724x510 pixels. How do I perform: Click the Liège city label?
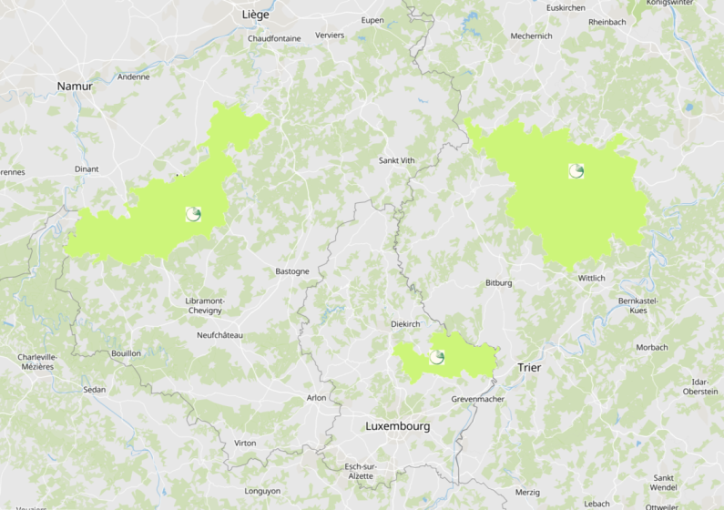257,15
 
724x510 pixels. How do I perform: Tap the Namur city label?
75,87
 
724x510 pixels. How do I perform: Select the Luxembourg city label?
397,426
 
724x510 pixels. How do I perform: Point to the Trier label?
528,368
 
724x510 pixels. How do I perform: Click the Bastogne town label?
292,271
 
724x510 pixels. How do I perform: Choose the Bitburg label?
498,283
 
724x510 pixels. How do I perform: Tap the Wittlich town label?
591,278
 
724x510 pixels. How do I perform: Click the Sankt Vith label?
396,160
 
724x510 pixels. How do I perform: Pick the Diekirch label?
405,323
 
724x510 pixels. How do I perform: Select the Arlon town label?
316,397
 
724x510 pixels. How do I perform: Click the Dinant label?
87,168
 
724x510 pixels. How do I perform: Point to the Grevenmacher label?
477,399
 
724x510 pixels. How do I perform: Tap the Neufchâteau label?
219,335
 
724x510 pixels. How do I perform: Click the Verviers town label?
330,35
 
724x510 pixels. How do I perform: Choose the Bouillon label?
126,352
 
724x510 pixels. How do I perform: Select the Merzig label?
527,492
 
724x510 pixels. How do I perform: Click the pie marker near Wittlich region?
576,170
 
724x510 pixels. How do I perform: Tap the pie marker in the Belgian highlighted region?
193,215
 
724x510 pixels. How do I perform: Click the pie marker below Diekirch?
437,357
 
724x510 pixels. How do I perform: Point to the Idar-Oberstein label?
700,386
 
